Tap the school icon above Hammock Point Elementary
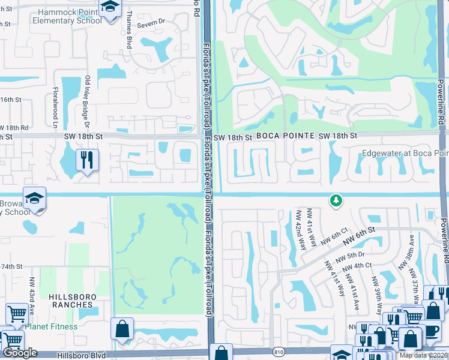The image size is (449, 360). coord(110,8)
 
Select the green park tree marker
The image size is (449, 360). coord(336,200)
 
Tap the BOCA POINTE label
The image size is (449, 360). coord(285,137)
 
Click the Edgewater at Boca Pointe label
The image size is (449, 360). coord(405,154)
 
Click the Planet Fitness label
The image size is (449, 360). coord(52,327)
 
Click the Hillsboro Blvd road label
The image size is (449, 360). coord(84,355)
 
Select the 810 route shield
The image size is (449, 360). coord(277,352)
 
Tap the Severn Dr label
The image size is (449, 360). coord(151,23)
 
